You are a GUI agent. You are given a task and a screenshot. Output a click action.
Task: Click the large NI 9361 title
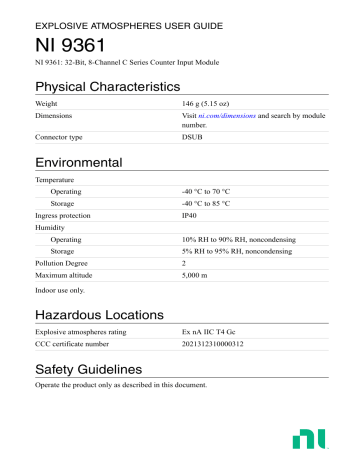[x=70, y=48]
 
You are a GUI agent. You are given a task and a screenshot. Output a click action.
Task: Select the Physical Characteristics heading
[x=107, y=87]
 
